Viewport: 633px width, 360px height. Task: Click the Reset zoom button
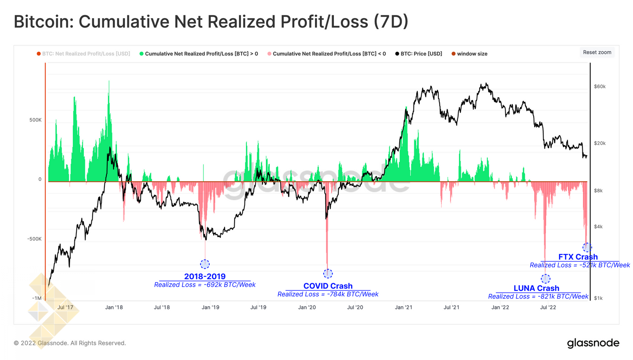597,52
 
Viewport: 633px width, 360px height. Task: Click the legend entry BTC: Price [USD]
421,54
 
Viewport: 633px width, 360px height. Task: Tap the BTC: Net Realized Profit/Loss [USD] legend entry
86,54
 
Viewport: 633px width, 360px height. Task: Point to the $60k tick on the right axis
600,87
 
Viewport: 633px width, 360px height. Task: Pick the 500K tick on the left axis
35,120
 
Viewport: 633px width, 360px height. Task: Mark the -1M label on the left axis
37,298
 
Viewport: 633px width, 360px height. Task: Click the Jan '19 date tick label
210,307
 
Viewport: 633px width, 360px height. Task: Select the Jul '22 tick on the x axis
548,307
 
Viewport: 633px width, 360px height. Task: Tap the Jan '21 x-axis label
404,307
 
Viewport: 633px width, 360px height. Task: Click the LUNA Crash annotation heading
536,288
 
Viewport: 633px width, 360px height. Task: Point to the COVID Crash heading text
328,286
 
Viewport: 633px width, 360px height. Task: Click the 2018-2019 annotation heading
205,277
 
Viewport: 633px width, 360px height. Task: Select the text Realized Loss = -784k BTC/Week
328,294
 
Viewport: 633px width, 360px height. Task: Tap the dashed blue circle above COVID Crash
328,273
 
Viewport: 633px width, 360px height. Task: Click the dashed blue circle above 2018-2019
205,264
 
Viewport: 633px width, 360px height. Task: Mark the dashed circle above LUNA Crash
546,279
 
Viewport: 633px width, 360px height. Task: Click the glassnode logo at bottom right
593,343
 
